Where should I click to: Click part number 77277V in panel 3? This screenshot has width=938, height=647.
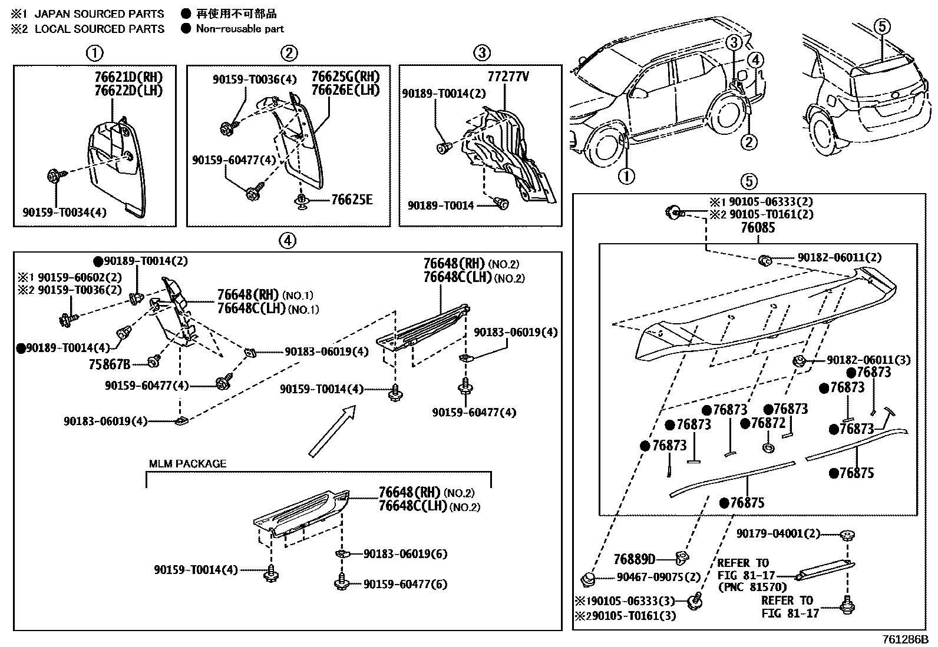tap(508, 77)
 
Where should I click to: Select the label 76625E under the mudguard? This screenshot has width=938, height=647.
tap(351, 200)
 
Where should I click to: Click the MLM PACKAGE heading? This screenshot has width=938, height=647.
tap(187, 464)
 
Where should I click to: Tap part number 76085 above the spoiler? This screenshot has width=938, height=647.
tap(758, 228)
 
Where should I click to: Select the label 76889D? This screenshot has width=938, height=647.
tap(635, 559)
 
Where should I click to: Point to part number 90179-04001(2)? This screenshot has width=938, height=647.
tap(778, 533)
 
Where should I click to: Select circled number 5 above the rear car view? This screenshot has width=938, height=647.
tap(881, 26)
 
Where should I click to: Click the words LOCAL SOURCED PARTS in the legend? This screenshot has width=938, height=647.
tap(100, 29)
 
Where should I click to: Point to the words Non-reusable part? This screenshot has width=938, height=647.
tap(240, 29)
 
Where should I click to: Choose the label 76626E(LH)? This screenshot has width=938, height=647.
tap(345, 90)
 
